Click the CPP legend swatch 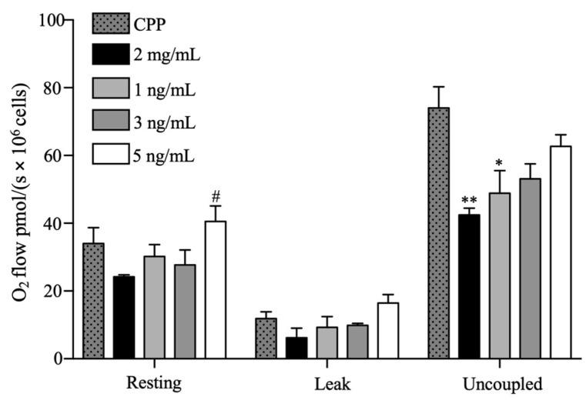click(x=112, y=23)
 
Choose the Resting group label click(x=153, y=382)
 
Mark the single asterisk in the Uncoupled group click(x=499, y=163)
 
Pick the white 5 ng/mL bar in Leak click(x=388, y=331)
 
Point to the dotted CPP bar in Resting click(x=93, y=301)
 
